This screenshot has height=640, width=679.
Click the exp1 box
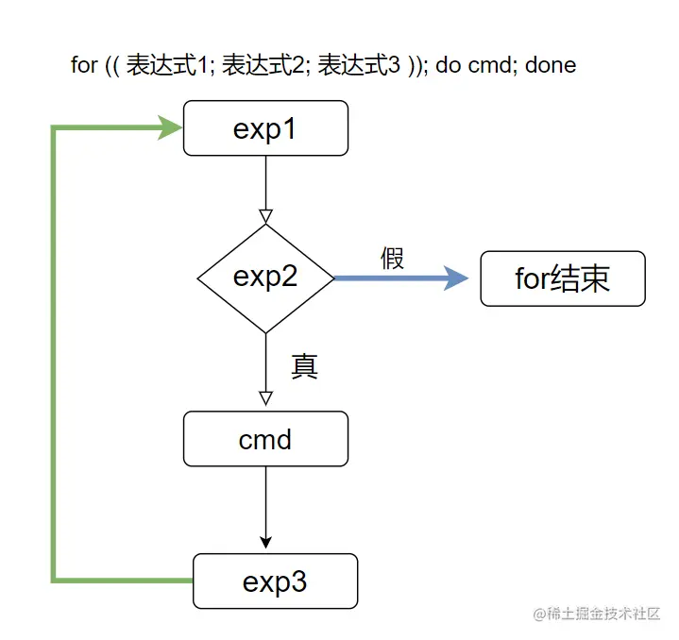coord(265,128)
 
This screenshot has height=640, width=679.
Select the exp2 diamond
coord(265,278)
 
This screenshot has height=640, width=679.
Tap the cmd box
coord(265,439)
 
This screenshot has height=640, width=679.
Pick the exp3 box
coord(275,581)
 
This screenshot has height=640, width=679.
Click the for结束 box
coord(563,278)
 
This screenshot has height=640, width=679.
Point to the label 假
coord(393,259)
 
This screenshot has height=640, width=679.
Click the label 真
coord(303,365)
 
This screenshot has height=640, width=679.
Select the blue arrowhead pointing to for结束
coord(456,278)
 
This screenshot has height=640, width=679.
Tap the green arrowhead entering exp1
coord(171,128)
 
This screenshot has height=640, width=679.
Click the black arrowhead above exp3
coord(265,542)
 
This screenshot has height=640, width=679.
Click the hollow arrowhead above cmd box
coord(265,397)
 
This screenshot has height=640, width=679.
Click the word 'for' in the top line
coord(84,65)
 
